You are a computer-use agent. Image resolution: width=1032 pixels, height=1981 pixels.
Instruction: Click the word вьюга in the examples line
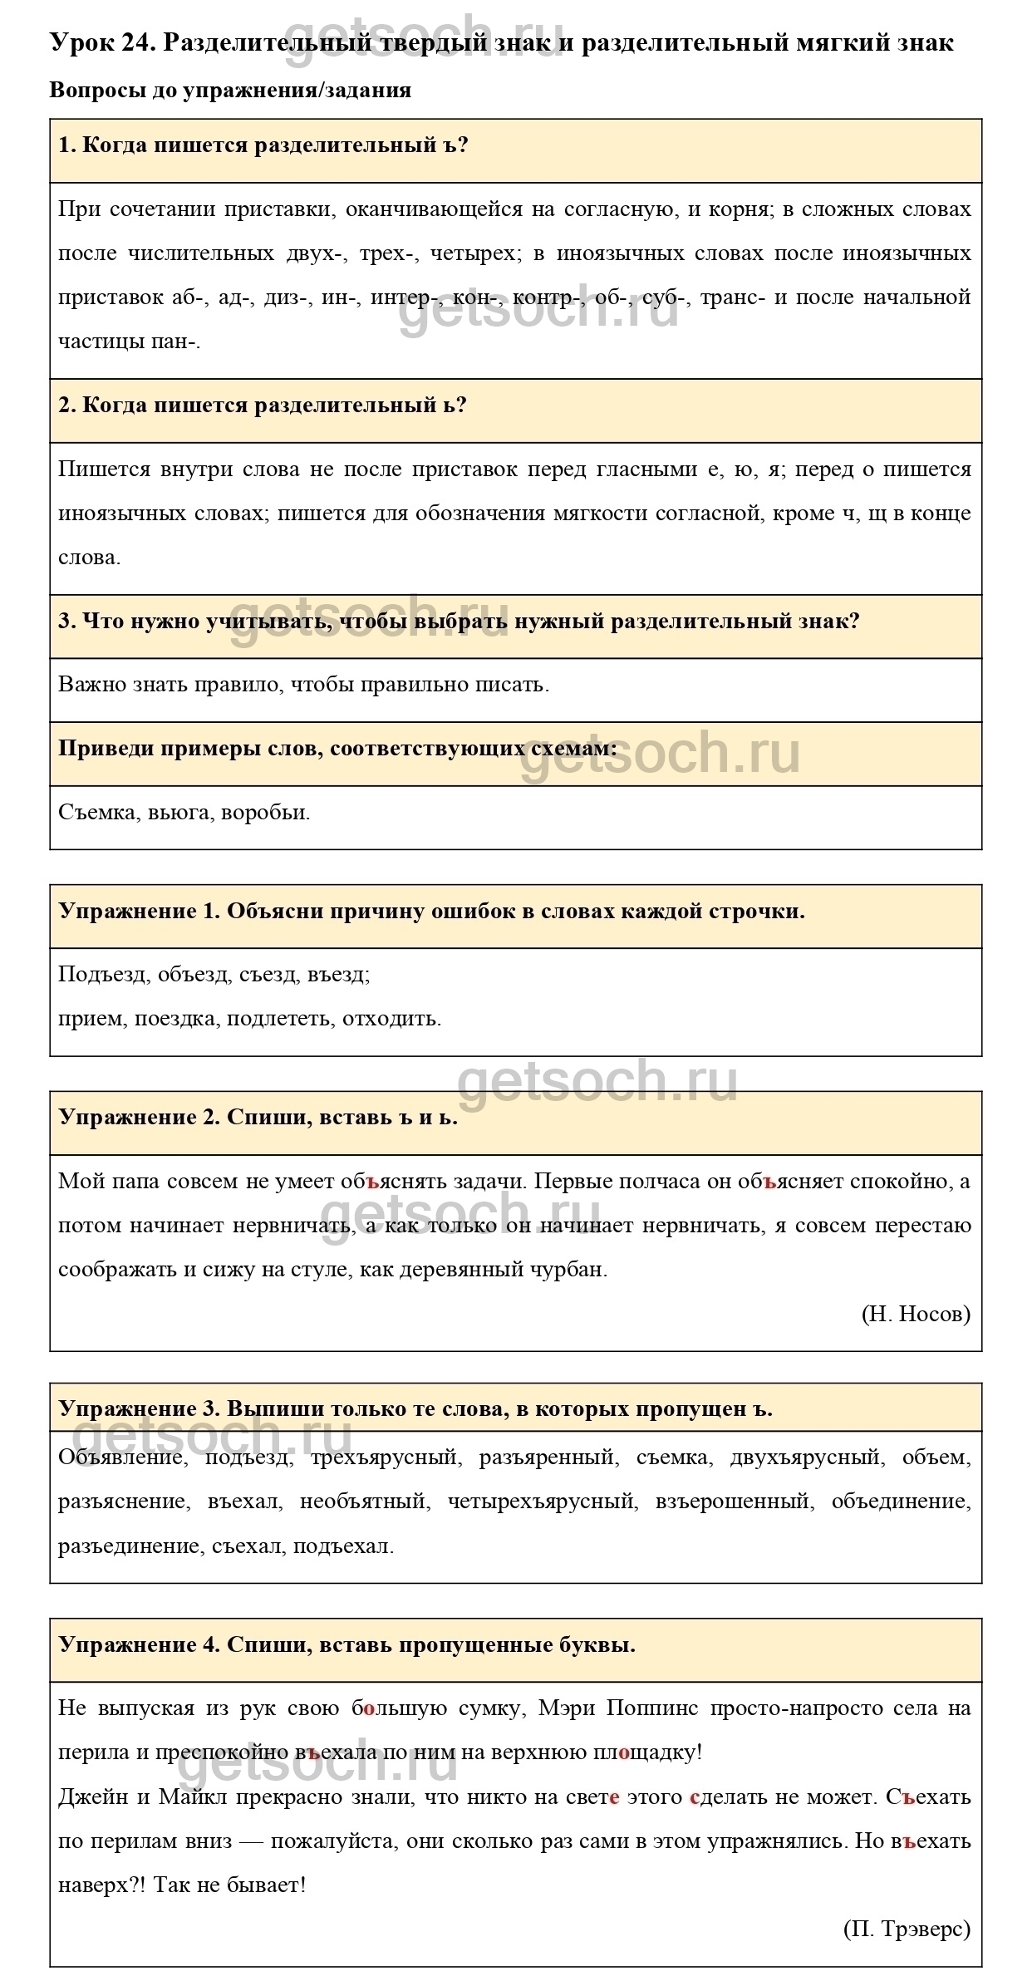tap(179, 812)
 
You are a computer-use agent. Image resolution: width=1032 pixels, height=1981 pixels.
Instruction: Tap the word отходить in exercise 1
tap(391, 1018)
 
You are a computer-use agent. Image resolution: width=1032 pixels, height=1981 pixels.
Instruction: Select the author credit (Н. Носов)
tap(916, 1313)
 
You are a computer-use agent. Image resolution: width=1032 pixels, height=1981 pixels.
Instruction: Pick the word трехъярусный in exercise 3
tap(384, 1457)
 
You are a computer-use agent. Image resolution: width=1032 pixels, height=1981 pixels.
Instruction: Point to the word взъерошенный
tap(732, 1501)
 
